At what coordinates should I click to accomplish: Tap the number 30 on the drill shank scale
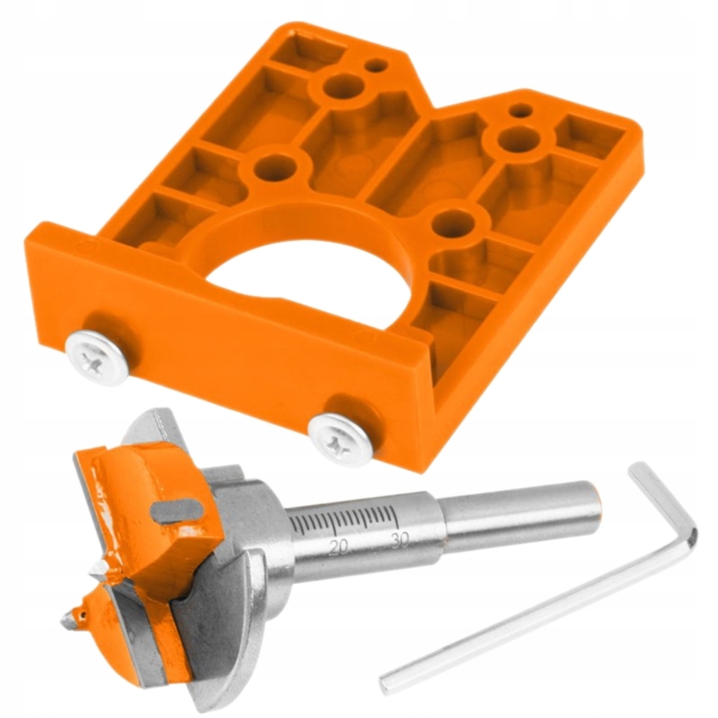400,540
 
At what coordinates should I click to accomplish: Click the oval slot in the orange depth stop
179,509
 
